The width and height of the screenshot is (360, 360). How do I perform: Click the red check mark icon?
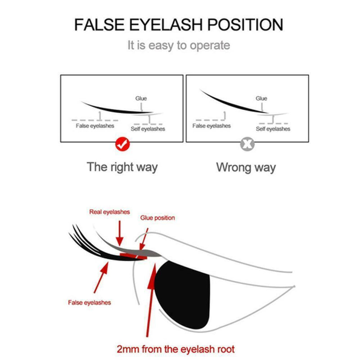122,144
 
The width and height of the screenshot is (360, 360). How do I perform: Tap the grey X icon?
247,144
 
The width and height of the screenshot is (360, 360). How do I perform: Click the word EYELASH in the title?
166,25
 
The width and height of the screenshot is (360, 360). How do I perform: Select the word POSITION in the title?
245,25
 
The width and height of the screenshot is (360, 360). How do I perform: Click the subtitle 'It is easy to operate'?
179,45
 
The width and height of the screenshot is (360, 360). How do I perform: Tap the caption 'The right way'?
122,167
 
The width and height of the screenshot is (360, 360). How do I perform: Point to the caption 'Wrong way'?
246,167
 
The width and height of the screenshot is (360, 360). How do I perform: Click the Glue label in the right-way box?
141,98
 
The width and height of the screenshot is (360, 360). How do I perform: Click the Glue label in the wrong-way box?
261,98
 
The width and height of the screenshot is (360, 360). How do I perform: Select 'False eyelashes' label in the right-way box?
95,126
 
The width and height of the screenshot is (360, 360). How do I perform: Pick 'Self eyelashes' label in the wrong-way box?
273,129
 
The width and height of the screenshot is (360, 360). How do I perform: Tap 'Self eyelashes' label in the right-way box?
148,129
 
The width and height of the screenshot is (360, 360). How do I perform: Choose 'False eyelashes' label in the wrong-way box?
211,126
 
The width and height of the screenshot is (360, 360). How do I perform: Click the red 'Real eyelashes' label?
109,212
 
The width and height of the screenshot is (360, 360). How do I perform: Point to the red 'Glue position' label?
157,218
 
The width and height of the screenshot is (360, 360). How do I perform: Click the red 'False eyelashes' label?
90,302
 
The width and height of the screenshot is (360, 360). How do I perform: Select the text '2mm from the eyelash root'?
175,349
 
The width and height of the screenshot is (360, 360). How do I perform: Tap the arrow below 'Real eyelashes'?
120,233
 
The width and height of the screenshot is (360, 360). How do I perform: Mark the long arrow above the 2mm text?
151,300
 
